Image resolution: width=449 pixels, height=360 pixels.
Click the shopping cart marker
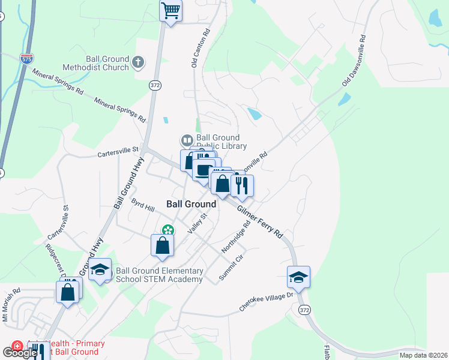click(x=171, y=11)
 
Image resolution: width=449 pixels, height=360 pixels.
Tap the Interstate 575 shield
click(x=26, y=59)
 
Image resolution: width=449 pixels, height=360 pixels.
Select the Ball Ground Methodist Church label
click(x=99, y=63)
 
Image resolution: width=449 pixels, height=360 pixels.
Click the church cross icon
click(x=138, y=61)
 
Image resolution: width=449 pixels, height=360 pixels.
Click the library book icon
click(x=187, y=141)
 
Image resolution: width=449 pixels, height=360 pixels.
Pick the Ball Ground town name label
click(x=191, y=204)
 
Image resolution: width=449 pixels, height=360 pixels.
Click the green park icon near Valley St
click(x=168, y=229)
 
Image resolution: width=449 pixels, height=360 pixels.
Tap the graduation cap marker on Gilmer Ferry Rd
click(x=298, y=277)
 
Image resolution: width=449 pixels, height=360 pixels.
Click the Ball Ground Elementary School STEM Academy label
click(x=158, y=275)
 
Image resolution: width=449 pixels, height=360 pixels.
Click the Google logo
click(x=20, y=352)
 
